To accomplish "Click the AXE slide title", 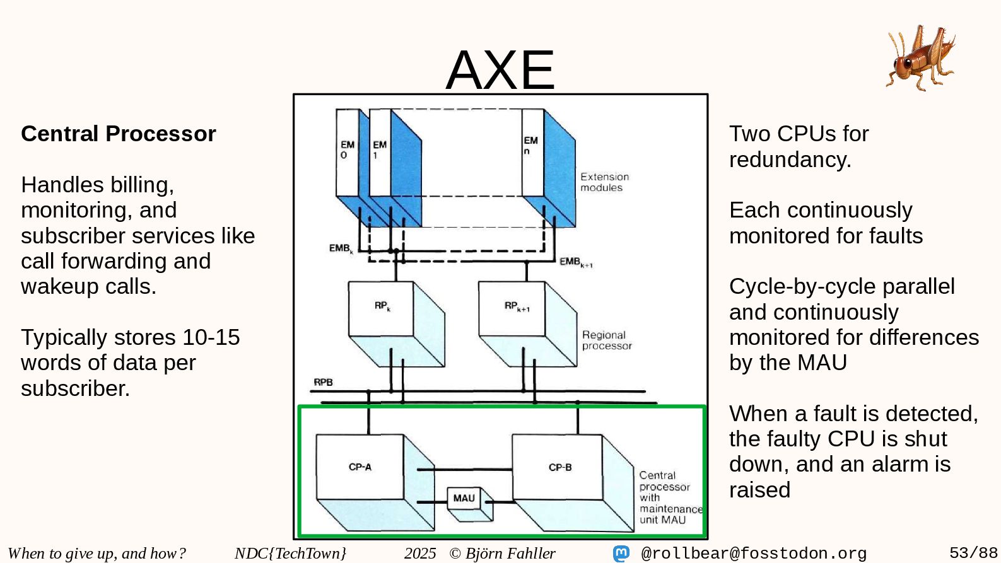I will (500, 69).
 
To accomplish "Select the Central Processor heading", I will (119, 134).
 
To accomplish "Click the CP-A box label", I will (360, 467).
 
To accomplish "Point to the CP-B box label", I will (560, 467).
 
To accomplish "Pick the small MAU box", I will (464, 498).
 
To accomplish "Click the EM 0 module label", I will (347, 149).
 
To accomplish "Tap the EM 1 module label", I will (379, 149).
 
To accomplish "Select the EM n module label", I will (530, 146).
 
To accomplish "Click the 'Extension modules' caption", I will (604, 182).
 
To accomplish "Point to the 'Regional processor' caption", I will (606, 340).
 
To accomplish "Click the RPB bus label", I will (323, 382).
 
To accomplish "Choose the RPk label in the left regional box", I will (382, 306).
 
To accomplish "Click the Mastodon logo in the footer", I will (621, 554).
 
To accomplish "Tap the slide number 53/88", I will (973, 553).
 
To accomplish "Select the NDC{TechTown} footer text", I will (290, 553).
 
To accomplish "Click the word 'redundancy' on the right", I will (789, 160).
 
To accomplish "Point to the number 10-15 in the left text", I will (211, 337).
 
